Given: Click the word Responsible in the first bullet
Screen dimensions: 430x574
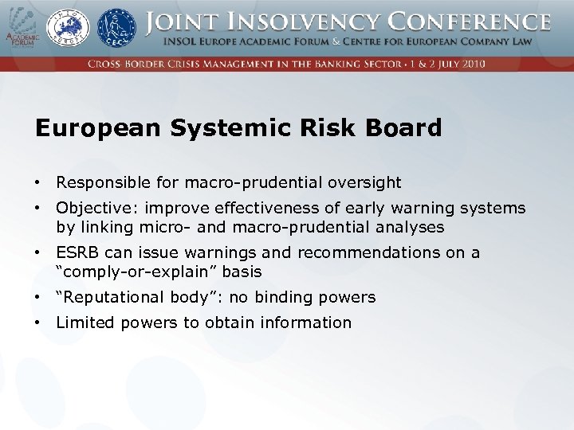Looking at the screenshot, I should point(106,183).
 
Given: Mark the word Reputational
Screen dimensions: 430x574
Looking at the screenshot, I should point(111,298).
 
